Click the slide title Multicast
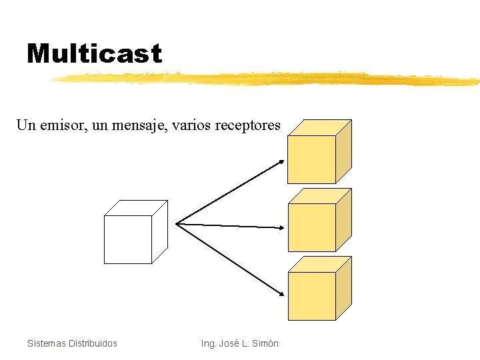(x=94, y=53)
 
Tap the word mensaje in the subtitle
(x=142, y=125)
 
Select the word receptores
(x=247, y=125)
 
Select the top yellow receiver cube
(x=313, y=157)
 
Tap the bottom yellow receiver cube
(x=313, y=294)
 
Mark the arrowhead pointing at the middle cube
(x=281, y=227)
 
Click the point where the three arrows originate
(x=177, y=223)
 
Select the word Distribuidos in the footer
(x=94, y=343)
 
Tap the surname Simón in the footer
(x=265, y=343)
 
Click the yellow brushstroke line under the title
(x=267, y=79)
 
